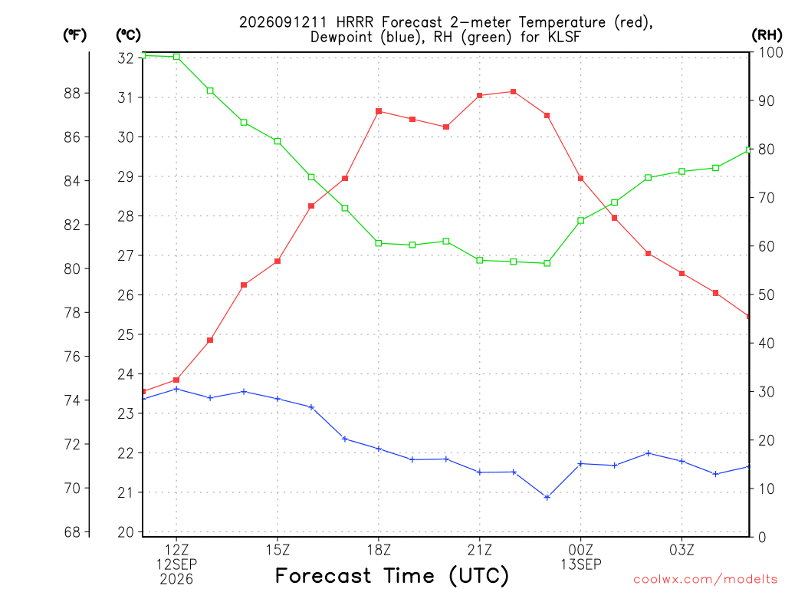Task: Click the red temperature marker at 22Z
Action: click(513, 92)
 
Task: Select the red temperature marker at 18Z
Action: click(379, 111)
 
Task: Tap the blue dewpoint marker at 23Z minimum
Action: click(547, 497)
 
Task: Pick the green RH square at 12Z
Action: click(176, 57)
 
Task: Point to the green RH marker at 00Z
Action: click(581, 220)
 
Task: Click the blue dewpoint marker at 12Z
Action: click(176, 389)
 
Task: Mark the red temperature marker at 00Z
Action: click(581, 178)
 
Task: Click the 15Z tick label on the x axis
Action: click(278, 550)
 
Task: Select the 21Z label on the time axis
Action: click(480, 550)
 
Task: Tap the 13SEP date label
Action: click(581, 564)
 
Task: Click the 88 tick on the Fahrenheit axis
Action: click(72, 93)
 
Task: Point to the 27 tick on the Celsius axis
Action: click(126, 255)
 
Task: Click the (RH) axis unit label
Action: click(767, 35)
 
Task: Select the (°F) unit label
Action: click(74, 35)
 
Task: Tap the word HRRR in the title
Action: click(354, 22)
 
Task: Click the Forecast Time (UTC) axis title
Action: click(392, 576)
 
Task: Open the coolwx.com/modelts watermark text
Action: click(705, 580)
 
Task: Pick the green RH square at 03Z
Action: click(682, 171)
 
